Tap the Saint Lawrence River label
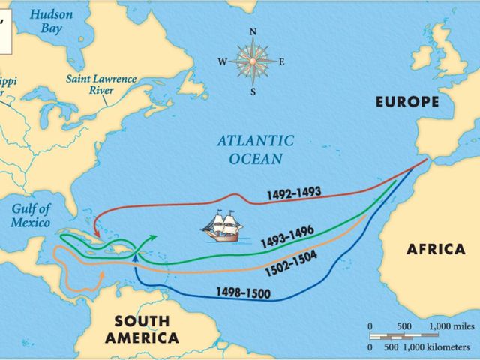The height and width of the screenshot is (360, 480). point(100,83)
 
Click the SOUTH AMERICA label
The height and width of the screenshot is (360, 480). point(142,328)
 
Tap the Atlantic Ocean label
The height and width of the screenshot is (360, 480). point(250,149)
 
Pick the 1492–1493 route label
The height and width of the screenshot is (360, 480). point(293,194)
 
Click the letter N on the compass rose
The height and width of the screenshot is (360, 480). point(253,31)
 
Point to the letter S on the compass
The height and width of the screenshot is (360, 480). point(253,92)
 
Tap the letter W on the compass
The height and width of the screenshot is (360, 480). point(222,62)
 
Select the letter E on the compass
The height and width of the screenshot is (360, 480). point(282,62)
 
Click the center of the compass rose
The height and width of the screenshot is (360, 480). point(253,61)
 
